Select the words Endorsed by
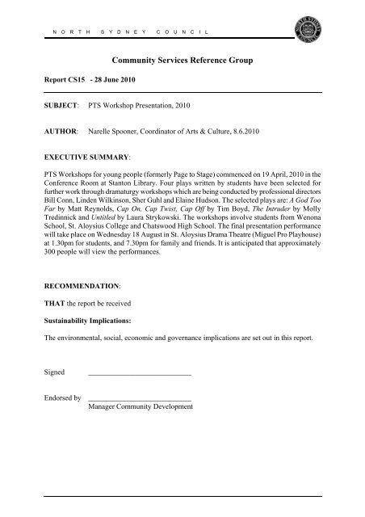[x=64, y=421]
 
